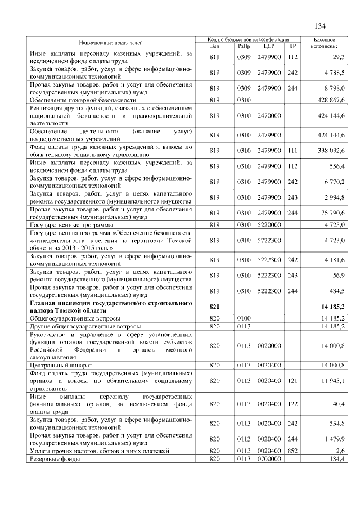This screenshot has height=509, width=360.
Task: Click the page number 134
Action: (x=320, y=26)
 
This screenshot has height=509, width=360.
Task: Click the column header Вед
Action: (x=214, y=46)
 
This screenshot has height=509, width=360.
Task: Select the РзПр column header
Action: (x=244, y=46)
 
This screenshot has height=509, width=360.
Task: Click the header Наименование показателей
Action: (x=111, y=43)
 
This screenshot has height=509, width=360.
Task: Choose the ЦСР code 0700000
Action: (x=268, y=460)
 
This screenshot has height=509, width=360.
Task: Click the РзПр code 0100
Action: (x=244, y=318)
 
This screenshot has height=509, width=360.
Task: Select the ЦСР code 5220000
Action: (x=268, y=224)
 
